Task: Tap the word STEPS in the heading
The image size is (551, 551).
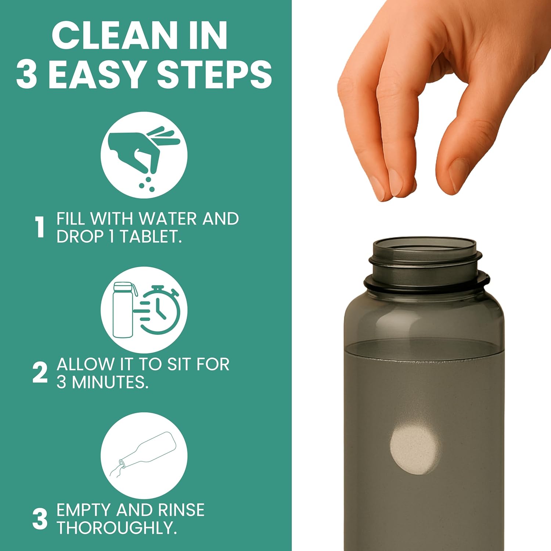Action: [215, 75]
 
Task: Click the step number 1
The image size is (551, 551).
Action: [40, 227]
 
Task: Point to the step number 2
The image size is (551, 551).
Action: [40, 373]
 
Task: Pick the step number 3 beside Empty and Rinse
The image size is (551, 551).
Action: [40, 519]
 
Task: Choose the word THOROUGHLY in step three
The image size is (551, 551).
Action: [116, 528]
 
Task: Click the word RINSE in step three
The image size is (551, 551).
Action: [181, 510]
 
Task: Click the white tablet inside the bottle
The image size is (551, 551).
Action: [414, 450]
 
